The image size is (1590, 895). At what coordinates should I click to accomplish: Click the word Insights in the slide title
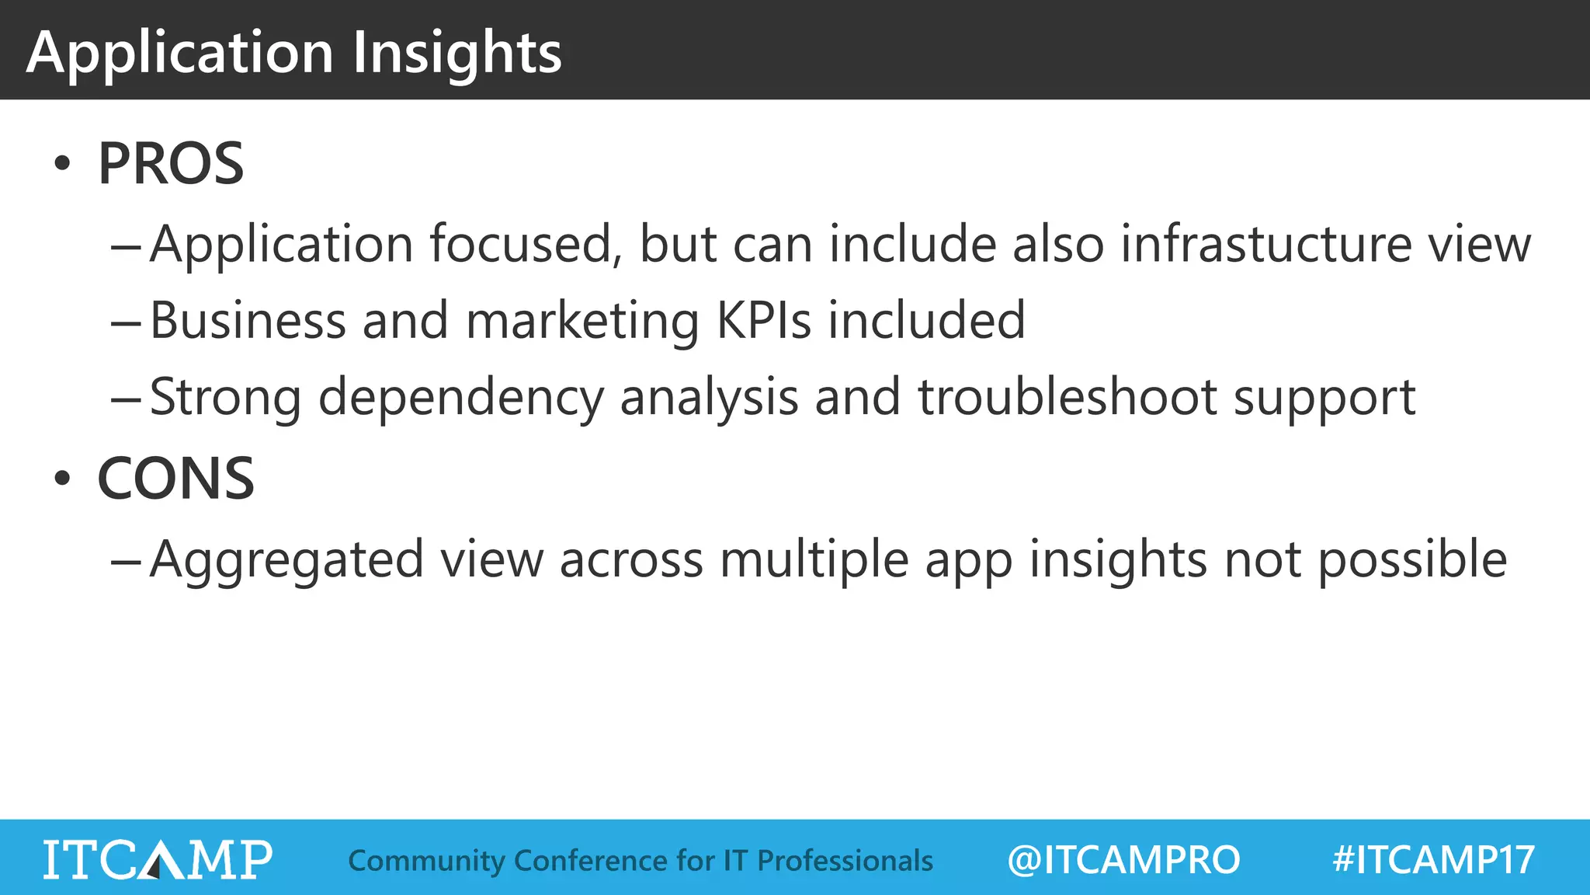(x=457, y=53)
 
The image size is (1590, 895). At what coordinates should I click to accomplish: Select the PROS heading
(x=171, y=164)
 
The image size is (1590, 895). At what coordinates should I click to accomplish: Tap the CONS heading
(x=175, y=479)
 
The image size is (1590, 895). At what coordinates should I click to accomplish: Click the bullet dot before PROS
(x=62, y=165)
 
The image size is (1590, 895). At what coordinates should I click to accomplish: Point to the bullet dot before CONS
(x=62, y=479)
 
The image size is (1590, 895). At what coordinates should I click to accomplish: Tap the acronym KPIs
(x=764, y=320)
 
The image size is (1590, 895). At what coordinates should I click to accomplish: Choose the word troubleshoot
(x=1068, y=397)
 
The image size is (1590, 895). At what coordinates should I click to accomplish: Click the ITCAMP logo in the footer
(x=158, y=859)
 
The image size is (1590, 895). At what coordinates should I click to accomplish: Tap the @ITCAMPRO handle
(x=1123, y=860)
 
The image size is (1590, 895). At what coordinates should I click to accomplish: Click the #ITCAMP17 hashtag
(x=1433, y=860)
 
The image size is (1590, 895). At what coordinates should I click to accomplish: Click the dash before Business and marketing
(x=125, y=322)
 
